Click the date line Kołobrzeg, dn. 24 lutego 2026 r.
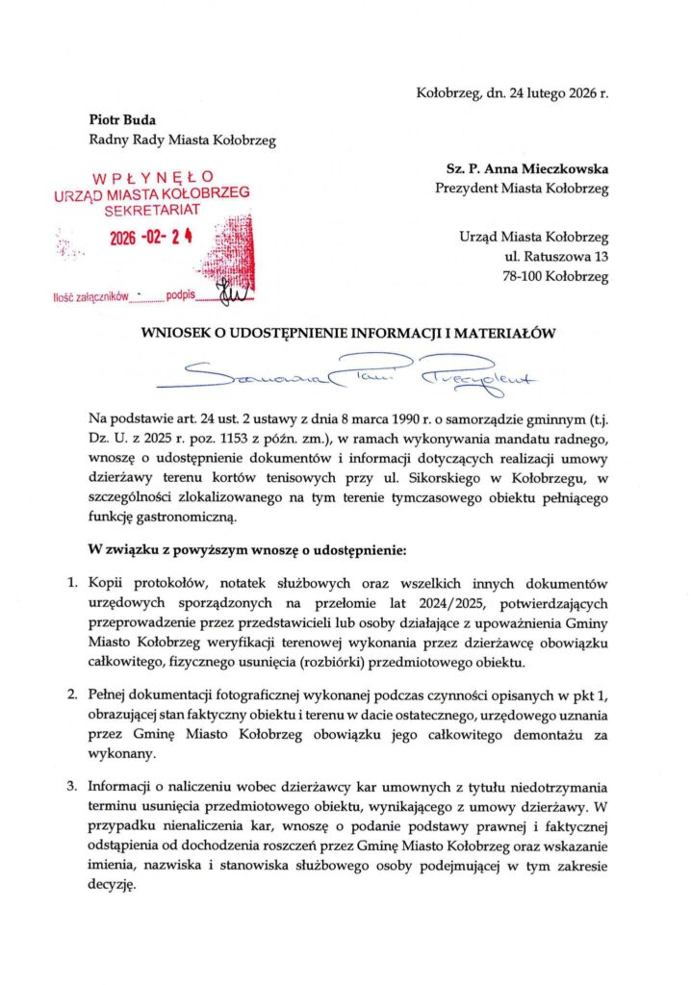[512, 93]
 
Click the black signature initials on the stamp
[232, 291]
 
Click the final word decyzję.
[112, 888]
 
